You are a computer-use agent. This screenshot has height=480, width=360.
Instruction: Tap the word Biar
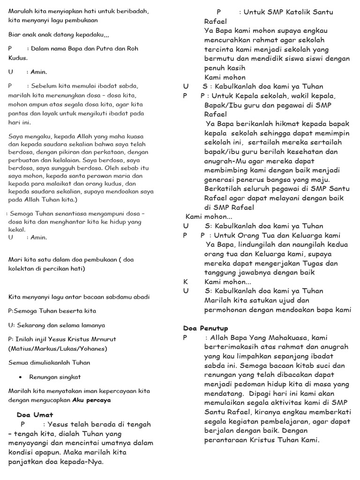coord(15,35)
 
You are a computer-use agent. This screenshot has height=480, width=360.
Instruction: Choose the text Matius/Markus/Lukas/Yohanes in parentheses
coord(58,348)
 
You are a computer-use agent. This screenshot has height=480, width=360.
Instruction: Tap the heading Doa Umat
coord(35,414)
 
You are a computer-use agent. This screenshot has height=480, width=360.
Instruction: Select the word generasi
coord(220,180)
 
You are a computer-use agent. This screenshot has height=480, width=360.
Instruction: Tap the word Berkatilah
coord(224,188)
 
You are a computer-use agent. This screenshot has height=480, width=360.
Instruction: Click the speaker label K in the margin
coord(186,282)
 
